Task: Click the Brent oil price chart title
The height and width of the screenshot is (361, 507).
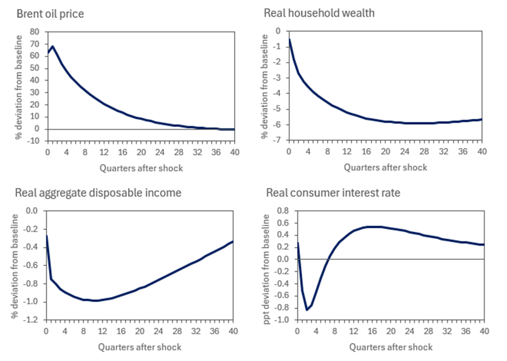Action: point(50,14)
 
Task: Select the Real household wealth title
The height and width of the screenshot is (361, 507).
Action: point(319,13)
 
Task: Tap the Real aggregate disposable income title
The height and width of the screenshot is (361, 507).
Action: point(98,192)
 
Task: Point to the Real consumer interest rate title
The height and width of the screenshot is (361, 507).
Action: point(333,192)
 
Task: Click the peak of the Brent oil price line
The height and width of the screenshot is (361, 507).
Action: point(52,46)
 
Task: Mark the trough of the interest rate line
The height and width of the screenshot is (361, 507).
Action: point(307,310)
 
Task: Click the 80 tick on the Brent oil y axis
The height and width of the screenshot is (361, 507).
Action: point(35,32)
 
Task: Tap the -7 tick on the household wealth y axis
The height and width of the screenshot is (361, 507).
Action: point(278,140)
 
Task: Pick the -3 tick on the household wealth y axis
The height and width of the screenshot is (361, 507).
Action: point(278,78)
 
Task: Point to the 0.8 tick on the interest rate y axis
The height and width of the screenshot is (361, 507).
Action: point(283,211)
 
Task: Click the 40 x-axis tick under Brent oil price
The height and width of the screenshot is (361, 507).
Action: point(235,152)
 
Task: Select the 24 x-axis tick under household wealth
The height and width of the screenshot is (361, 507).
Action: point(405,151)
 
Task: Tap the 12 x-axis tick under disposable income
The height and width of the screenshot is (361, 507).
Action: point(102,331)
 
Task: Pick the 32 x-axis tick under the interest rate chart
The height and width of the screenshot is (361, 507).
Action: point(447,331)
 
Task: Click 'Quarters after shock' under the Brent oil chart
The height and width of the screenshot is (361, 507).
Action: point(141,168)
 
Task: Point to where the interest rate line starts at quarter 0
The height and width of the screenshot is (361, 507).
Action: point(298,242)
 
